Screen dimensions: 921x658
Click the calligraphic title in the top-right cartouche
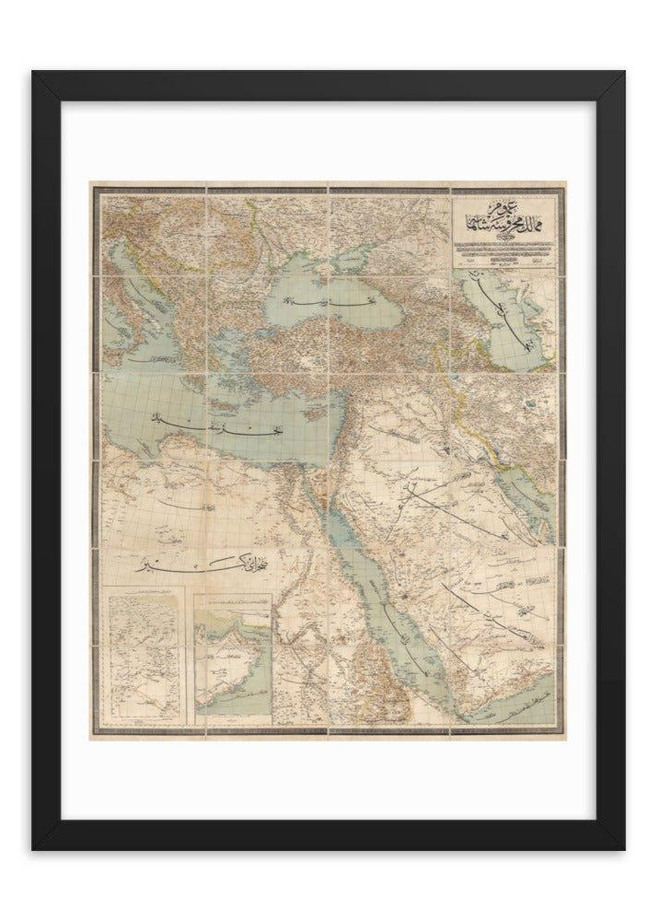tap(505, 220)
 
